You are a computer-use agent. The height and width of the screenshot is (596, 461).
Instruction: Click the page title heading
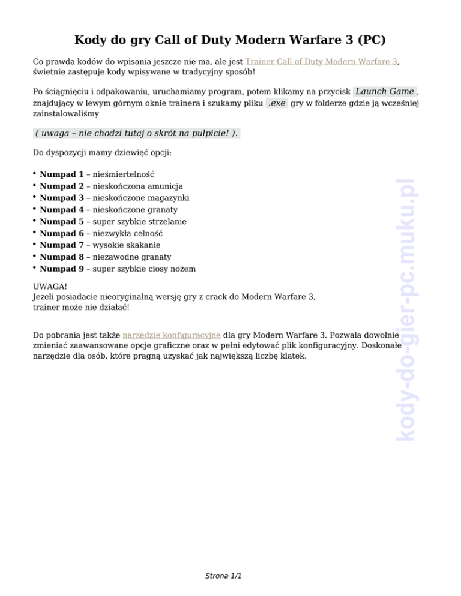click(230, 41)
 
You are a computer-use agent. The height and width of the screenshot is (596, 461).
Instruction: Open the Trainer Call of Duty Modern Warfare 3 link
click(321, 61)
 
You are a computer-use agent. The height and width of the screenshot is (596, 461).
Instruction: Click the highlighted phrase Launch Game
click(384, 91)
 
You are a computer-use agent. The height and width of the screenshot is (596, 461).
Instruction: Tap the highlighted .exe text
click(277, 103)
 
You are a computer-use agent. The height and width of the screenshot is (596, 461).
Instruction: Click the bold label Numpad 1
click(61, 174)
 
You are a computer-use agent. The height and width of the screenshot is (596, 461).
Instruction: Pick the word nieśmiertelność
click(123, 174)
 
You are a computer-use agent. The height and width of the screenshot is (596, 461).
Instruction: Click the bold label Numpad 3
click(61, 198)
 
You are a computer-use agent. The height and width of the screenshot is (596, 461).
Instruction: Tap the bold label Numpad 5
click(61, 222)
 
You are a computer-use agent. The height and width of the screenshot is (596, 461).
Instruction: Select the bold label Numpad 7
click(61, 245)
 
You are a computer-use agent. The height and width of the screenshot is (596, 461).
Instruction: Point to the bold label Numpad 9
click(61, 269)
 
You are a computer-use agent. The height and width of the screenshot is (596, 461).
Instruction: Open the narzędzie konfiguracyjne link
click(172, 335)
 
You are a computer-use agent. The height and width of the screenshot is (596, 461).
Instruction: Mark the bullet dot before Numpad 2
click(35, 186)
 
